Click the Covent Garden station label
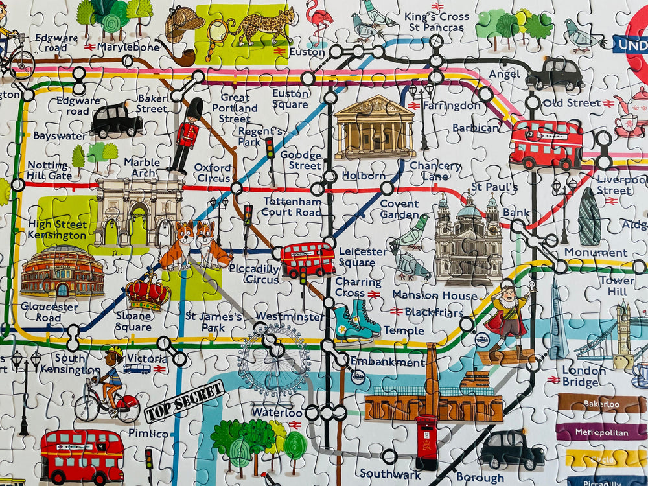click(399, 209)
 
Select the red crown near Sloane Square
click(148, 292)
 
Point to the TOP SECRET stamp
click(185, 401)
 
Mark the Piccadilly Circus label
click(262, 274)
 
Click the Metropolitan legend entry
click(600, 432)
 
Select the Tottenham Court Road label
click(292, 207)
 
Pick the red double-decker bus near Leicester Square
click(307, 259)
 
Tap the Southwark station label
click(390, 475)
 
